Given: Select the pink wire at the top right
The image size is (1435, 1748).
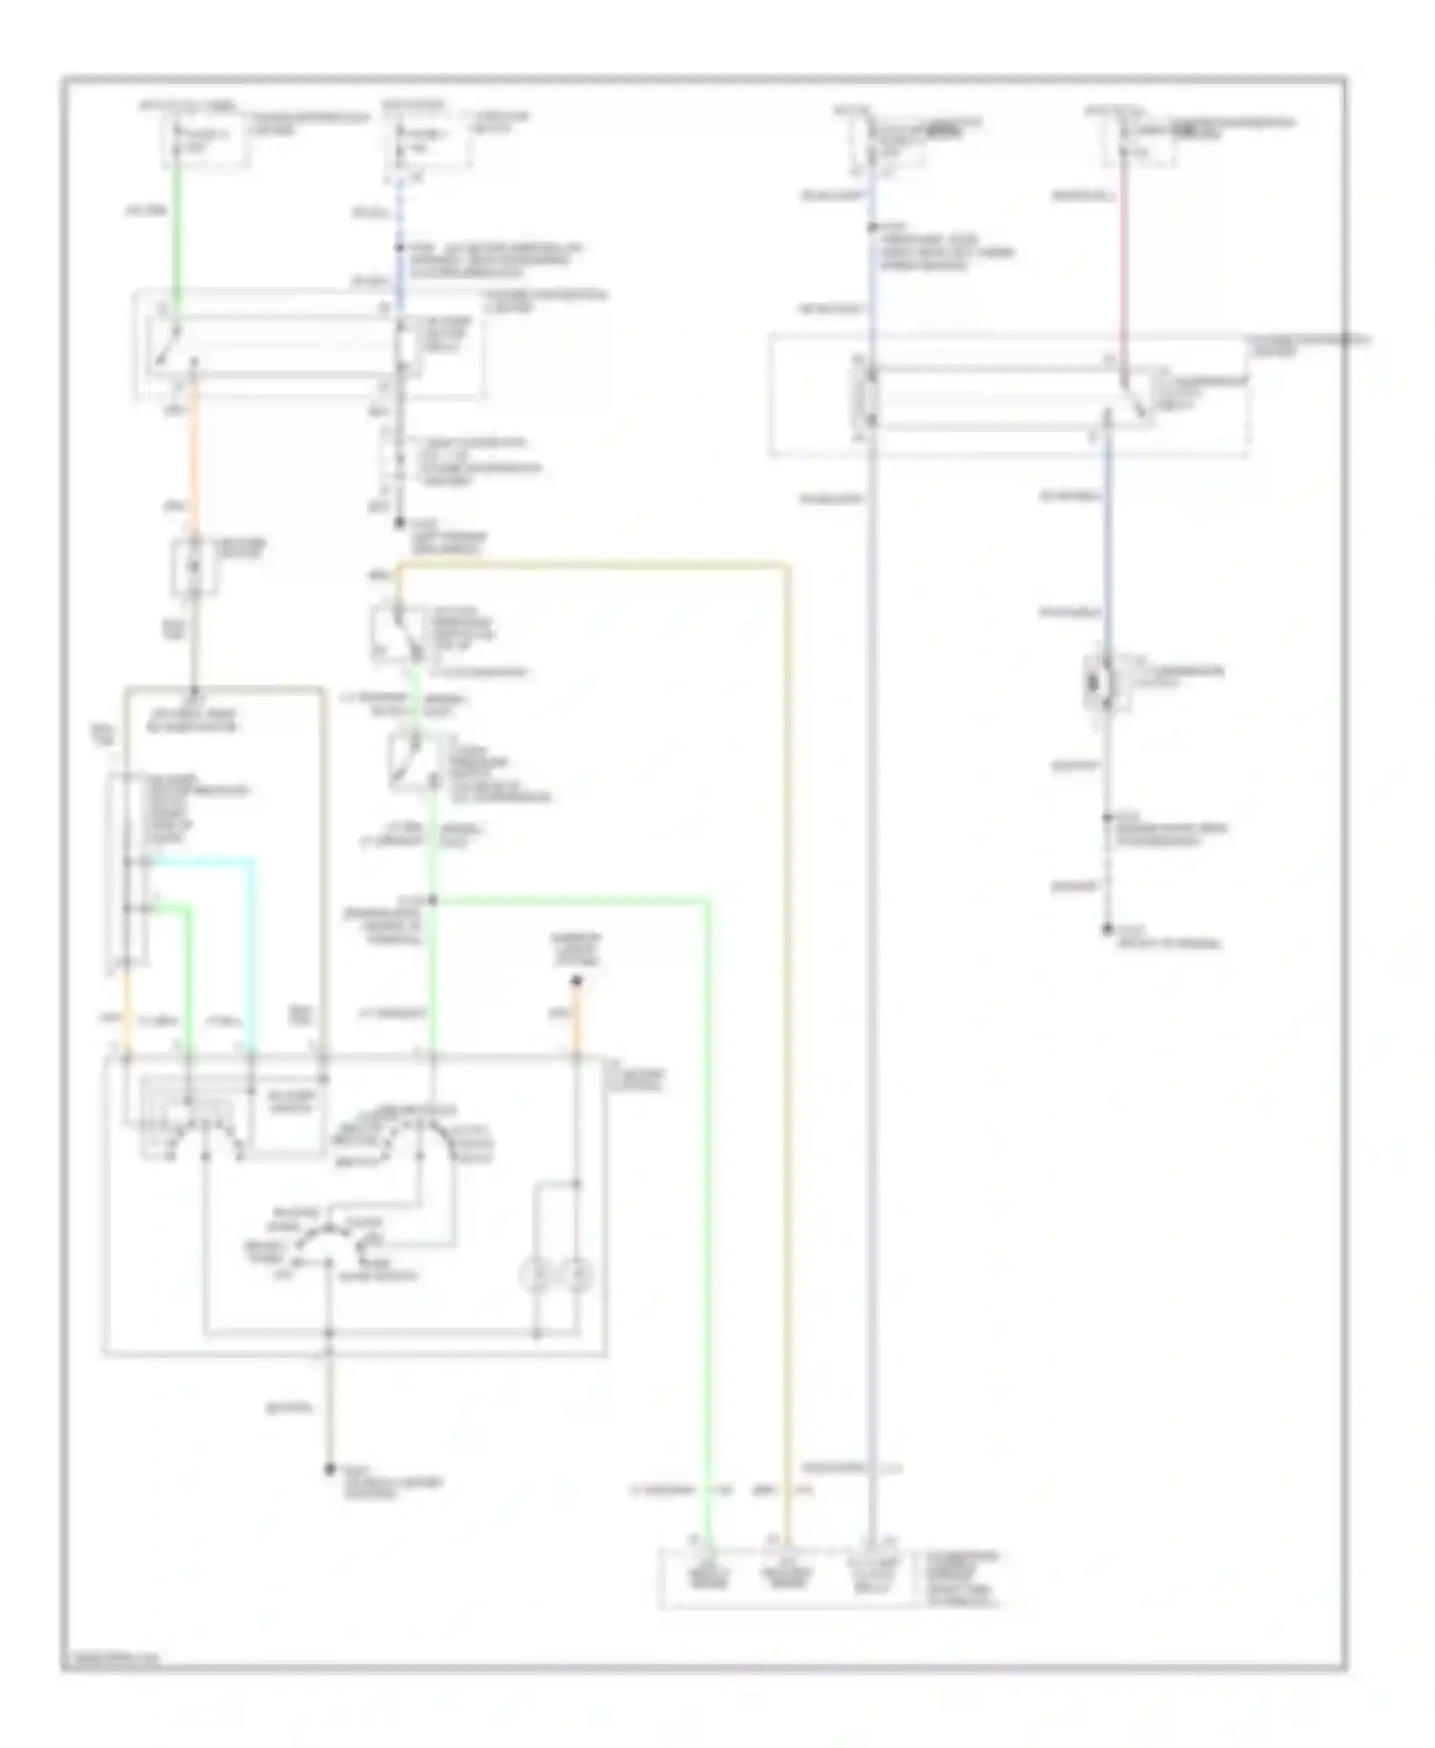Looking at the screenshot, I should (1123, 268).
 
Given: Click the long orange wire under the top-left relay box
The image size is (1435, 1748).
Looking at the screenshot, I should (194, 459).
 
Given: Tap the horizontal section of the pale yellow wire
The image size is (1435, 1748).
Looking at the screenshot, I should (593, 566).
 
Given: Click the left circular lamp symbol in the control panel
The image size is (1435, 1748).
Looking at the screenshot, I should (537, 1274).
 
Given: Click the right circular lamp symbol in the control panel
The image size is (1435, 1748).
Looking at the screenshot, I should (577, 1274).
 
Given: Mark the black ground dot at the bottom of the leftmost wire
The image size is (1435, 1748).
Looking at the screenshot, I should (329, 1469).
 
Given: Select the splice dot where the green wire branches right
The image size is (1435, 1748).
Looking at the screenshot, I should (432, 900).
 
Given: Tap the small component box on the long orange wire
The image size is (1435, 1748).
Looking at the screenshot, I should (194, 567).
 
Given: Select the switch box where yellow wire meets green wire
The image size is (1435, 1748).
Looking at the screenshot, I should (399, 632).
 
